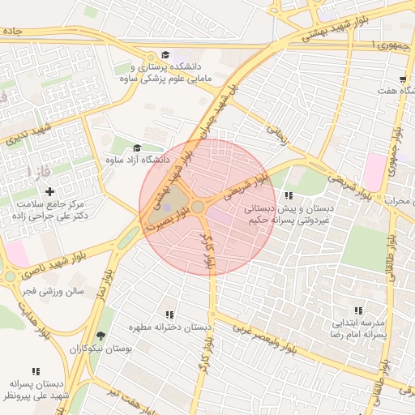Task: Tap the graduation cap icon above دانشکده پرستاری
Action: [x=166, y=54]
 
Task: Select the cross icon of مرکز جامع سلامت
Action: [x=50, y=192]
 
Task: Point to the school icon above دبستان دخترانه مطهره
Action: [x=169, y=314]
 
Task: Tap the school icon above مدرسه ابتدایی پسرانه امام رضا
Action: [x=358, y=310]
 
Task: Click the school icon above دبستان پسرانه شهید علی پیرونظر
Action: [x=36, y=372]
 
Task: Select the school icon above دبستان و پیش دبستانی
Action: [x=289, y=195]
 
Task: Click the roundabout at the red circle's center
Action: [x=198, y=207]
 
